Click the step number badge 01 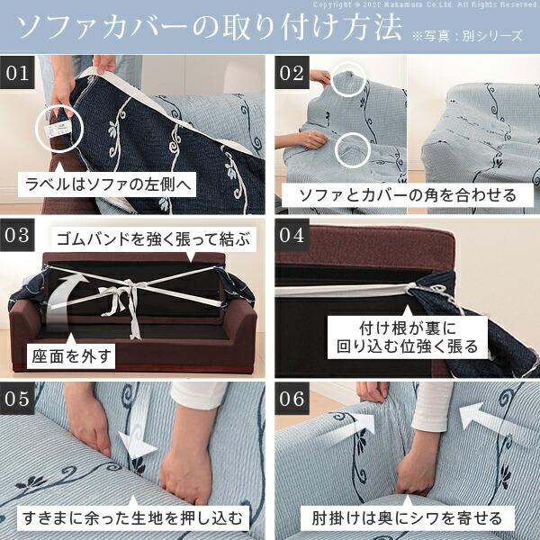[x=17, y=73]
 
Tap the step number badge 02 [x=292, y=73]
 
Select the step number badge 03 [x=17, y=235]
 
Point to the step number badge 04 [x=292, y=235]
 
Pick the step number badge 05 [x=17, y=399]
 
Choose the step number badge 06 [x=292, y=399]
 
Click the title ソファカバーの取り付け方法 [x=209, y=28]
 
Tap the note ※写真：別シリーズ [x=467, y=36]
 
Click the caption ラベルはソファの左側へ [x=107, y=184]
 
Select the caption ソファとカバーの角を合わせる [x=408, y=195]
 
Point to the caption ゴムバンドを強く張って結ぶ [x=154, y=239]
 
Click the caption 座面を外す [x=71, y=355]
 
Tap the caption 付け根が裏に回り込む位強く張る [x=408, y=337]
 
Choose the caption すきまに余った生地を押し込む [x=133, y=517]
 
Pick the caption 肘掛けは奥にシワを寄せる [x=408, y=517]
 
